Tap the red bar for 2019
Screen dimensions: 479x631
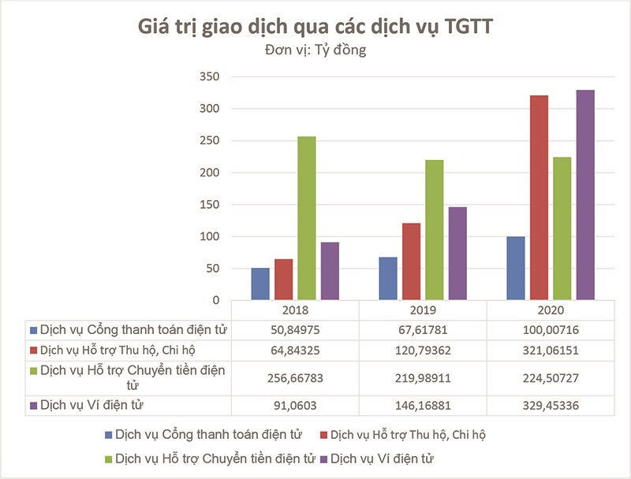pyautogui.click(x=412, y=262)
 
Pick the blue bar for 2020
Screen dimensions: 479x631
pyautogui.click(x=515, y=268)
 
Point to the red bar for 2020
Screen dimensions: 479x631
pyautogui.click(x=539, y=198)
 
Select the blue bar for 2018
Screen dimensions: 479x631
pyautogui.click(x=260, y=284)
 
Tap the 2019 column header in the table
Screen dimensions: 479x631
pyautogui.click(x=423, y=310)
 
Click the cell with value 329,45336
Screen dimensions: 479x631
pyautogui.click(x=551, y=406)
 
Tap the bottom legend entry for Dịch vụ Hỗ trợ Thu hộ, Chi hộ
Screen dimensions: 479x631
pyautogui.click(x=413, y=435)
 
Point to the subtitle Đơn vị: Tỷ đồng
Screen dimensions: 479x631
pyautogui.click(x=315, y=50)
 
